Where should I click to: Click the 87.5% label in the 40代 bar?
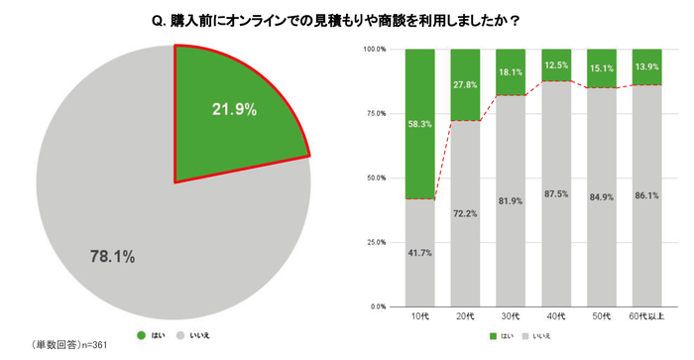(x=556, y=192)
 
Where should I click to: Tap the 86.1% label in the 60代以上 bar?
(x=647, y=194)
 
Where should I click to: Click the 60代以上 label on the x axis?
(x=647, y=316)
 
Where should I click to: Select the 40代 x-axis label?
(x=556, y=316)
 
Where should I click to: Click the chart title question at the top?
(x=347, y=19)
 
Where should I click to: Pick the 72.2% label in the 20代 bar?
(x=465, y=213)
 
